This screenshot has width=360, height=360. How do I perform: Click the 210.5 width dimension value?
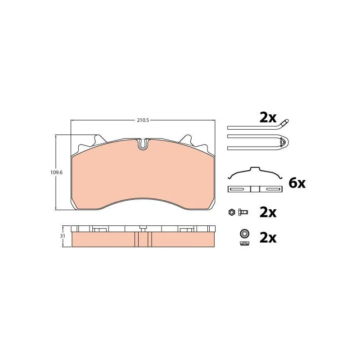pos(143,120)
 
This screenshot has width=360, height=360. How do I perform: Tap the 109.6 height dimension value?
pos(57,172)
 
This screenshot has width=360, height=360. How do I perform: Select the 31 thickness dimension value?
pos(63,236)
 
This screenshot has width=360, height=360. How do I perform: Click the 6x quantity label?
pos(297,183)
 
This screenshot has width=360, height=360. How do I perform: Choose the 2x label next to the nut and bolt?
pos(268,212)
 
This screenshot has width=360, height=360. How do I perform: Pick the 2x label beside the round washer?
pos(268,238)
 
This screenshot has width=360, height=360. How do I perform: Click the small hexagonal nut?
pos(232,212)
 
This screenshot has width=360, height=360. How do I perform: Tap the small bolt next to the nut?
pos(243,212)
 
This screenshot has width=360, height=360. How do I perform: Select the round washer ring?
pos(245,234)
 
